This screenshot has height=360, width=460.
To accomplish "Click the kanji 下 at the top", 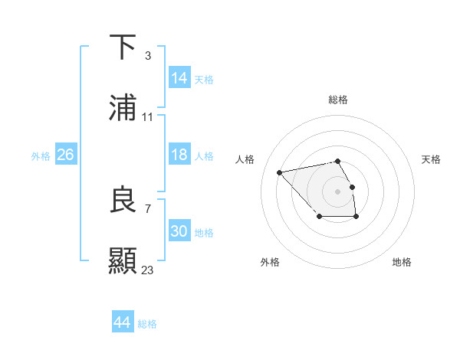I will point(123,47).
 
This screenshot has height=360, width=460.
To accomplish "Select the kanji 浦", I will point(123,108).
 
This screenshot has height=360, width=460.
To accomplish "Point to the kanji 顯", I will point(123,260).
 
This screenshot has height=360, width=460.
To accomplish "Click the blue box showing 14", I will point(179,78).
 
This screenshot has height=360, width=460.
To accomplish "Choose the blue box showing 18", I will point(179,155).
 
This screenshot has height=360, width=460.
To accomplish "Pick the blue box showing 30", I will point(179,231).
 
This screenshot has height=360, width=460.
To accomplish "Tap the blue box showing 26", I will point(65,155).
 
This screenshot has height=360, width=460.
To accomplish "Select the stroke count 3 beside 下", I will point(147,55).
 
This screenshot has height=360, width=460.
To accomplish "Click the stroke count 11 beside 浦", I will point(148,117).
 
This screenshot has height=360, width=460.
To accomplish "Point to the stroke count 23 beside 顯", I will point(148,270).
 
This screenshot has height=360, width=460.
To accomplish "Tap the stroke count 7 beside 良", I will point(147,208).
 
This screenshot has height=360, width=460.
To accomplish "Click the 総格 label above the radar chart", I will point(338,100).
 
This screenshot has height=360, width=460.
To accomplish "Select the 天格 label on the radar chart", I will point(431,159).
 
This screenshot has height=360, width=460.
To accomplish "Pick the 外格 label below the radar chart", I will point(270,262).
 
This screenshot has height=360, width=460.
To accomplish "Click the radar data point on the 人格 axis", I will point(280,172).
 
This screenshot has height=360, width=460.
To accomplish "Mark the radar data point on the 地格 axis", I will point(356,218).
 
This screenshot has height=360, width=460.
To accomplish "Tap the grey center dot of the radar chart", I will point(338,191).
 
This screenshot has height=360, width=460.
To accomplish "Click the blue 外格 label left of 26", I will point(41,155).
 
